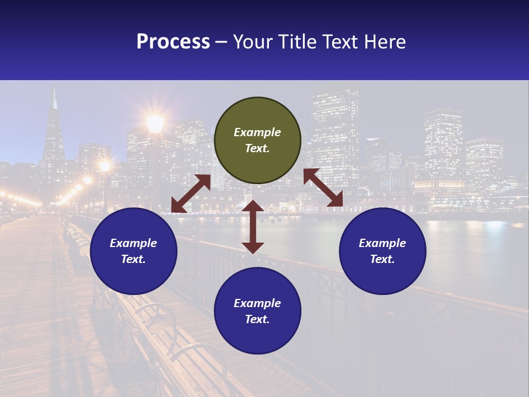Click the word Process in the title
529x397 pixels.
173,42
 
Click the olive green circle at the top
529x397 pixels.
257,141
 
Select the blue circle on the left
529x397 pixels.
133,251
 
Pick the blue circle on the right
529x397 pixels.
382,251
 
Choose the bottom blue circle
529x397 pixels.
257,310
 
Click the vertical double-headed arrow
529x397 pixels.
253,227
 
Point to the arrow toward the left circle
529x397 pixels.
191,194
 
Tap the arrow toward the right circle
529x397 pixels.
323,187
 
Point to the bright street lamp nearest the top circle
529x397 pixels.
155,124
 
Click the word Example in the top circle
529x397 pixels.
257,132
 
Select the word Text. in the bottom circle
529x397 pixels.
257,319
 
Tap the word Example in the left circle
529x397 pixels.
133,243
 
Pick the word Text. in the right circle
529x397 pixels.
382,259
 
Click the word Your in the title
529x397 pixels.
251,42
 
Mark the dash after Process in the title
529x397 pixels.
221,42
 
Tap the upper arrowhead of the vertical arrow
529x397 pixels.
253,206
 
